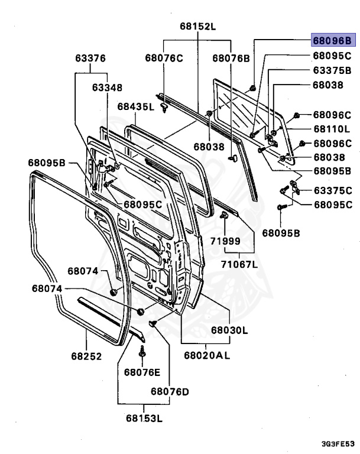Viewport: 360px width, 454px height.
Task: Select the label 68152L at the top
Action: [x=198, y=27]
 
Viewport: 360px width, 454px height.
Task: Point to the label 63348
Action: [x=106, y=87]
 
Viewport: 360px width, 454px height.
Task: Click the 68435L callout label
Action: [x=135, y=107]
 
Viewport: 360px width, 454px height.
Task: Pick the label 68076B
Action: [x=231, y=57]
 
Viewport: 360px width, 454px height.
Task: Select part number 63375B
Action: [x=332, y=70]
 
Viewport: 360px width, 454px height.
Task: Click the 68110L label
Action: [x=332, y=128]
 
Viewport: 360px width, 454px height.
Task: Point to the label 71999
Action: [x=224, y=241]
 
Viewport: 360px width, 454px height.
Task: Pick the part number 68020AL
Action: [x=206, y=355]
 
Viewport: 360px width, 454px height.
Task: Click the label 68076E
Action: [x=142, y=372]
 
